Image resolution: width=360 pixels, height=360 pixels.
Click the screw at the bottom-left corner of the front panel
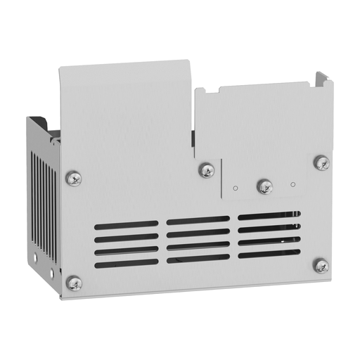74,283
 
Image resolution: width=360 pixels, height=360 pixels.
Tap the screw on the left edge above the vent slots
73,178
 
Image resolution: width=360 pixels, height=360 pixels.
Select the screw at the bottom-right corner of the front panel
321,266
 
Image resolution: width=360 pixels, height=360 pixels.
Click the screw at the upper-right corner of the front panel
321,163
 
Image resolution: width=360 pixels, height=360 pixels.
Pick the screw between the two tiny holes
265,186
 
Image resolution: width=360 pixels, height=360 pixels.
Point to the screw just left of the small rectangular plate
207,169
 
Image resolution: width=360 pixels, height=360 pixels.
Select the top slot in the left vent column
126,225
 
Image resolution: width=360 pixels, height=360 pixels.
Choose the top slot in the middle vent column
198,220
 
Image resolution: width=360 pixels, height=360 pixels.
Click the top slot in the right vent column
269,215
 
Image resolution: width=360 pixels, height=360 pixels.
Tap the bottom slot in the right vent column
269,253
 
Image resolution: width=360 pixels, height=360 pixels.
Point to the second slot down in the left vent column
126,238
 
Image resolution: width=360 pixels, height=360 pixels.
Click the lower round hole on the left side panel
51,273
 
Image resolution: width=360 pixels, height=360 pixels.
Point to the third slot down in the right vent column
269,240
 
